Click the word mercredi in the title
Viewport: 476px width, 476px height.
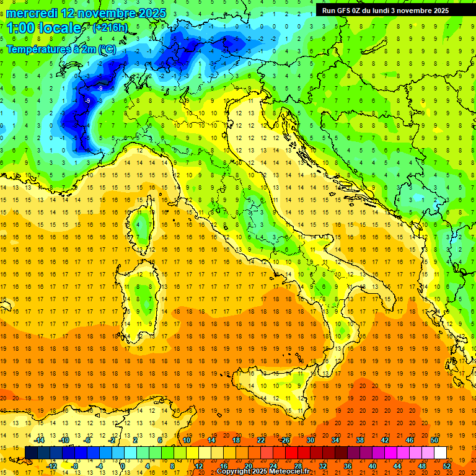(32, 13)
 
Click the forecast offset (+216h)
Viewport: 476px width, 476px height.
(110, 28)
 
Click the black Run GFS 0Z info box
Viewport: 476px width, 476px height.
(391, 10)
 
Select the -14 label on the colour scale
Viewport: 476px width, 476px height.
(40, 440)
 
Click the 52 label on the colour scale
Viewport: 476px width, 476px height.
(447, 465)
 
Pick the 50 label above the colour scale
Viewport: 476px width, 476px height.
(434, 440)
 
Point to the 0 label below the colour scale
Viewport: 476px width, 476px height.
(123, 465)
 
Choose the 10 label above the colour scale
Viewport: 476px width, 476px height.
(187, 440)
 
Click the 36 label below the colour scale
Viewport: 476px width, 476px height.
(348, 465)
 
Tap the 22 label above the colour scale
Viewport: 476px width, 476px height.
(261, 440)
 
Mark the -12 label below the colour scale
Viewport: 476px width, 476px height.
(51, 465)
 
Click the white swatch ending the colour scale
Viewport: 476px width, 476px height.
(440, 452)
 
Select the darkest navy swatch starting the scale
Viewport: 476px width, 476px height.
(31, 452)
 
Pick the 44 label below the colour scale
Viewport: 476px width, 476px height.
(397, 465)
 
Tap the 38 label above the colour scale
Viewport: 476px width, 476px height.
(360, 440)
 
